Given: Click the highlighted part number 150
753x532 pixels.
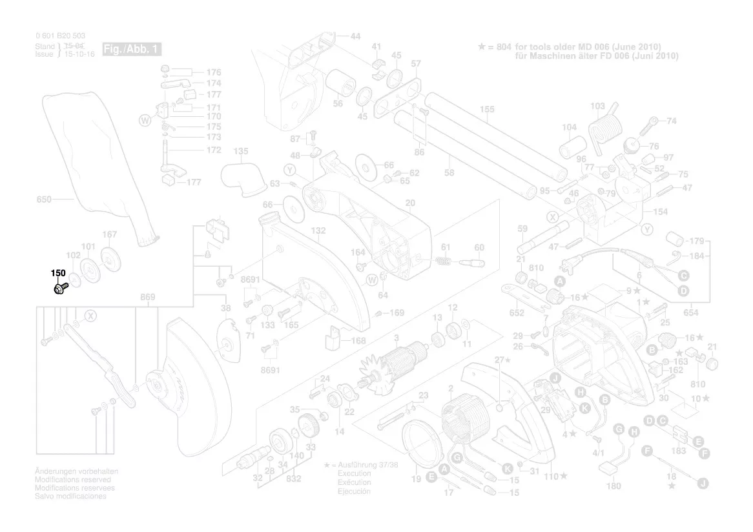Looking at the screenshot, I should tap(59, 272).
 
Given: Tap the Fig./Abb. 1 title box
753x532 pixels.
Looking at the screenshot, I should tap(132, 50).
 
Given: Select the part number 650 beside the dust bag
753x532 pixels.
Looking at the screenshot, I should tap(43, 200).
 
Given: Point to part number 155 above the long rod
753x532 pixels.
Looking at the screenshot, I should tap(487, 110).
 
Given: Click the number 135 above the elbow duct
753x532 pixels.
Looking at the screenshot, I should tap(240, 152).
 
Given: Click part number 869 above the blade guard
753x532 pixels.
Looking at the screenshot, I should tap(148, 297).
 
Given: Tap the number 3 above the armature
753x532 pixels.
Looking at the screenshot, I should tap(397, 338).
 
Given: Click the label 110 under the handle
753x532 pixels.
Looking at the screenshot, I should tap(550, 476).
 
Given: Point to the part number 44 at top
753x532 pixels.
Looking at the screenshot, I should tap(355, 36).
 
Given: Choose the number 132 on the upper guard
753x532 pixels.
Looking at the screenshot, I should tap(318, 230).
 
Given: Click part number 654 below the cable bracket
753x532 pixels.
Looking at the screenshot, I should tap(690, 313).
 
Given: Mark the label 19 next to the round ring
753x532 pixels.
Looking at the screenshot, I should tap(416, 478).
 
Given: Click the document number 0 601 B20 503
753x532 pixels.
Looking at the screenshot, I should tap(61, 36).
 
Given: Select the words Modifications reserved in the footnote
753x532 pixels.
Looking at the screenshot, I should tap(72, 480).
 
